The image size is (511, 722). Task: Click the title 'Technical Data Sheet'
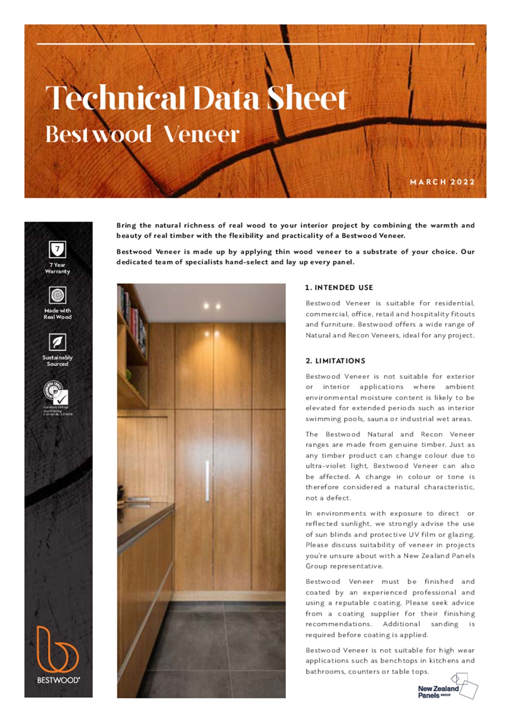coord(196,98)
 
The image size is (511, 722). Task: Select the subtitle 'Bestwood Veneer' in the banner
coord(142,134)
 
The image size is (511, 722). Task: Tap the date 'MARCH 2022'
coord(442,182)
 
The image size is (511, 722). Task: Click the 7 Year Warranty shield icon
coord(57,249)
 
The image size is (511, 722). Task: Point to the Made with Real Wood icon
coord(57,295)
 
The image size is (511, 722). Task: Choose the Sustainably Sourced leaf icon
coord(57,342)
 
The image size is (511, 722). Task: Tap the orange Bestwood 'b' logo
coord(57,649)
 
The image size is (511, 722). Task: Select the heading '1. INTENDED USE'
coord(339,288)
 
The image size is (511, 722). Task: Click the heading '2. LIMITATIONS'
coord(335,361)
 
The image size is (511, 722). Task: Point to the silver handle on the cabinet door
coord(207,481)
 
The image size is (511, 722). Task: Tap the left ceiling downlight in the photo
coord(206,306)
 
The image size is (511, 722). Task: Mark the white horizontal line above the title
coord(255,44)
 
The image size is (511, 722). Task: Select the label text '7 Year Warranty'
coord(57,268)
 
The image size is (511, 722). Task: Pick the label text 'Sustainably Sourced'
coord(57,361)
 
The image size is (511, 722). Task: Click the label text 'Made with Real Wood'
coord(57,314)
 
